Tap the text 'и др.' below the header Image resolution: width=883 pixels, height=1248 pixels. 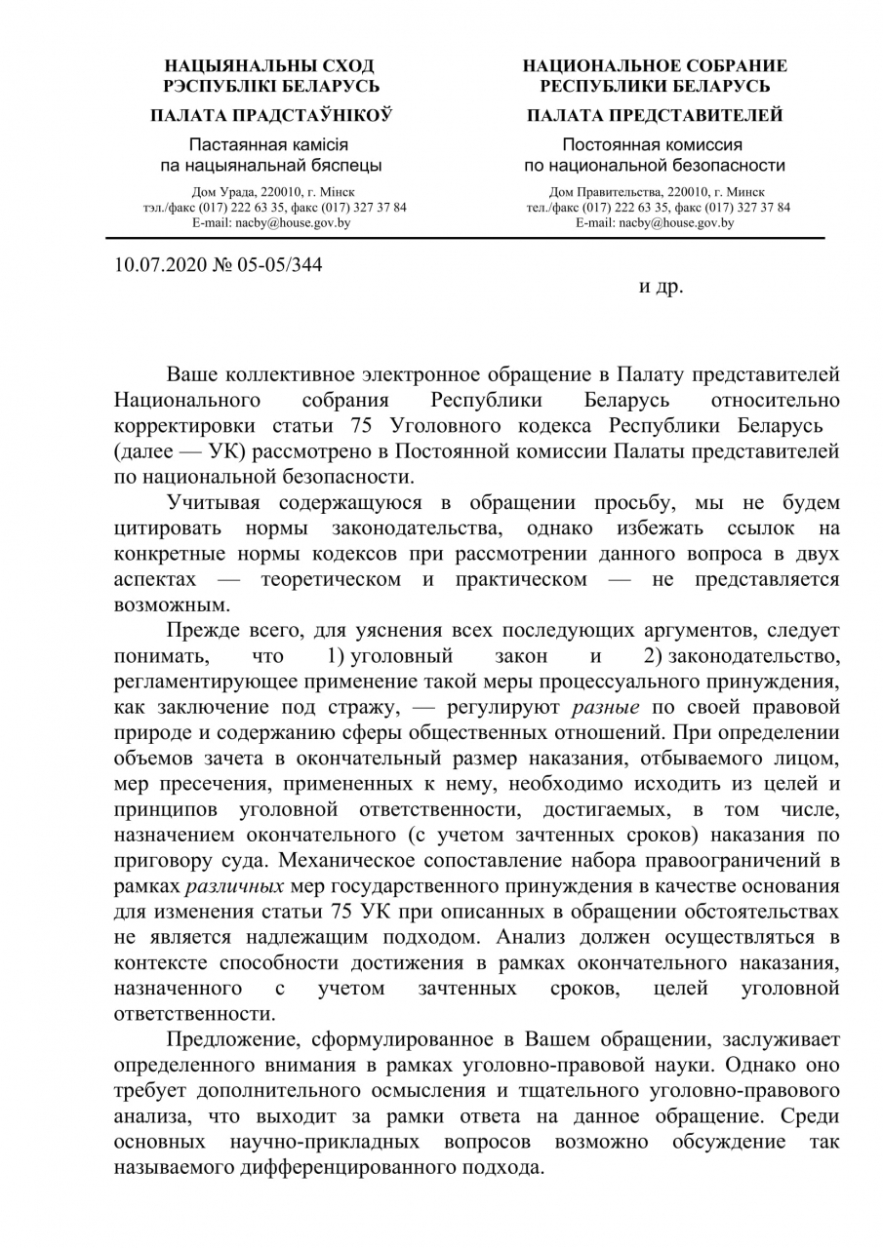pyautogui.click(x=662, y=288)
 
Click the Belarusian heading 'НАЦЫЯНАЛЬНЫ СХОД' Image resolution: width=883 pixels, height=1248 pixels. pyautogui.click(x=270, y=67)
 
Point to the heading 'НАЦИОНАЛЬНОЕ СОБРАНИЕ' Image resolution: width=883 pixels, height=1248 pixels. pyautogui.click(x=655, y=67)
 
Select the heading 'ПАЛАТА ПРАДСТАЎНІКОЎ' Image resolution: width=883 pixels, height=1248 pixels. pyautogui.click(x=270, y=116)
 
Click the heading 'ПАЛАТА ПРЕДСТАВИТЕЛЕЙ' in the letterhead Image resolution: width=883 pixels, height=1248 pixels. pyautogui.click(x=655, y=116)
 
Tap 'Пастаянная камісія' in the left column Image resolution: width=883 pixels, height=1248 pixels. pyautogui.click(x=270, y=144)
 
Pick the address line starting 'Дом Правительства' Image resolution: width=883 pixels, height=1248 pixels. pyautogui.click(x=657, y=192)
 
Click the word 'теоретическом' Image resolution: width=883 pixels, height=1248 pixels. pyautogui.click(x=331, y=579)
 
